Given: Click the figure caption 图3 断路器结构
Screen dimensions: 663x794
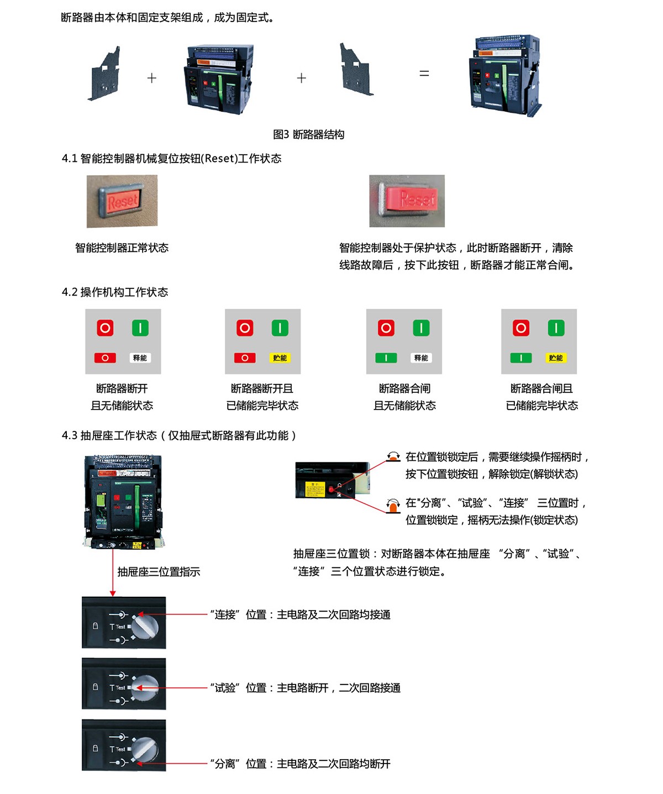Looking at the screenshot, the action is (308, 134).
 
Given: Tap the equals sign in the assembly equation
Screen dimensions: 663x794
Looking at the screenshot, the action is (424, 73).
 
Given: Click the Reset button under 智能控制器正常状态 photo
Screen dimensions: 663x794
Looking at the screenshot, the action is (122, 201).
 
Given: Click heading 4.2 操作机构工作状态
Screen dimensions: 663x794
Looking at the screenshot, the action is (114, 292).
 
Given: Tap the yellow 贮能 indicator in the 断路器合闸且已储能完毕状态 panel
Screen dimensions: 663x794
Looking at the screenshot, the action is (555, 357).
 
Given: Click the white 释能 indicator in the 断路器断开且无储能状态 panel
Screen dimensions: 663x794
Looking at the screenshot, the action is (140, 357).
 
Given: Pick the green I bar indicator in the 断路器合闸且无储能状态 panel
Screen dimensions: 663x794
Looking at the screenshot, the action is (386, 357).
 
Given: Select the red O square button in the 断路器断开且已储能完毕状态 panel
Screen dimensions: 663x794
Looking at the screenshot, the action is (245, 328).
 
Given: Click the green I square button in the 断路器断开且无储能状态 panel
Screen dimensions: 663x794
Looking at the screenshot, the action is (140, 328).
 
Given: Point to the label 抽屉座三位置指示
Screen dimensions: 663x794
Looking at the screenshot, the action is (159, 571).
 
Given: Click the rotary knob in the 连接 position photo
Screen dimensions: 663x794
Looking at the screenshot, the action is (145, 626).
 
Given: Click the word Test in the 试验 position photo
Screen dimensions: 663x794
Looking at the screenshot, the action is (120, 687).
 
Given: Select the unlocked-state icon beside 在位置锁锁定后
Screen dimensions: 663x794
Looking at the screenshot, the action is (393, 456).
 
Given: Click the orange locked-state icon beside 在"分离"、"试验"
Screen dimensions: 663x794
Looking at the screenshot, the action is (393, 506).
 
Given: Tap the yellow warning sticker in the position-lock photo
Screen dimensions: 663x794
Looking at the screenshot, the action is (315, 488).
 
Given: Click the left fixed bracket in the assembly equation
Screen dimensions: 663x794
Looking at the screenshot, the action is (104, 73).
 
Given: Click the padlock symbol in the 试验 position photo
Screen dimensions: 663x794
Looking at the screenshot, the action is (95, 687).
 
